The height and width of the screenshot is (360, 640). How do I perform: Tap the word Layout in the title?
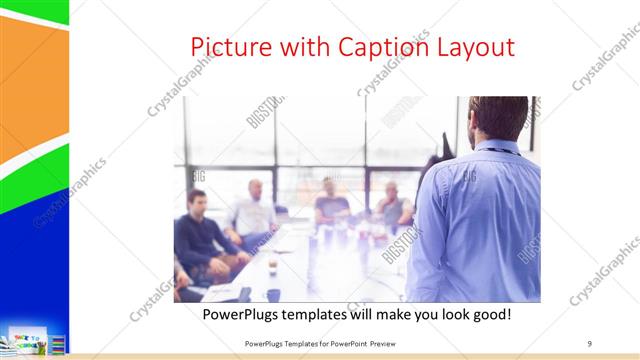pyautogui.click(x=477, y=47)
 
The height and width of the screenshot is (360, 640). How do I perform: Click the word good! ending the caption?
pyautogui.click(x=491, y=314)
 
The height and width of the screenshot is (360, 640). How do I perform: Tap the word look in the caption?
pyautogui.click(x=448, y=314)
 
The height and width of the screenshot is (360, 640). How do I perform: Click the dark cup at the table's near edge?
pyautogui.click(x=273, y=294)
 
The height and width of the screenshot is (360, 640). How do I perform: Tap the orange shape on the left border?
pyautogui.click(x=32, y=85)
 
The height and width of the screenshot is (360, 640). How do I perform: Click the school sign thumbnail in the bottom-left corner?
pyautogui.click(x=24, y=339)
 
